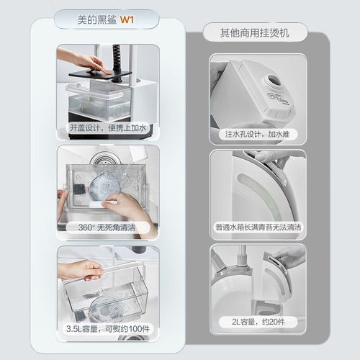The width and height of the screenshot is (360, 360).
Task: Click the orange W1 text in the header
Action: click(127, 19)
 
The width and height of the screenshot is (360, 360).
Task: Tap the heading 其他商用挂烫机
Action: click(254, 33)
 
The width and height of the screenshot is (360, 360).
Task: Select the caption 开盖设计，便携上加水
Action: click(108, 127)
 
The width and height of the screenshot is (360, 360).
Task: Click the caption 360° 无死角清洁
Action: click(107, 227)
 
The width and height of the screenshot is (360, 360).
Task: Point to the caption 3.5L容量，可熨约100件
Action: click(108, 328)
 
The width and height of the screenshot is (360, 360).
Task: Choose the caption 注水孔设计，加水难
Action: click(257, 134)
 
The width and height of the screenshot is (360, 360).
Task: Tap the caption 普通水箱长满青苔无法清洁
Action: click(258, 227)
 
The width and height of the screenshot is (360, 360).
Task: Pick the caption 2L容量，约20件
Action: click(258, 322)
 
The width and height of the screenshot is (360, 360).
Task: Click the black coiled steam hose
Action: click(117, 60)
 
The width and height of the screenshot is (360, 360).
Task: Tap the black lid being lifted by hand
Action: click(100, 75)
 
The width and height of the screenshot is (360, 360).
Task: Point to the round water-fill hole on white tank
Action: click(274, 81)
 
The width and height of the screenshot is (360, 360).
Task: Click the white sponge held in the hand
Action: click(103, 203)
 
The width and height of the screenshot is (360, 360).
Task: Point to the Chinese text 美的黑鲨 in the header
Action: click(96, 19)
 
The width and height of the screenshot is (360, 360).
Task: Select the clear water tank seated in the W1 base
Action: click(99, 101)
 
